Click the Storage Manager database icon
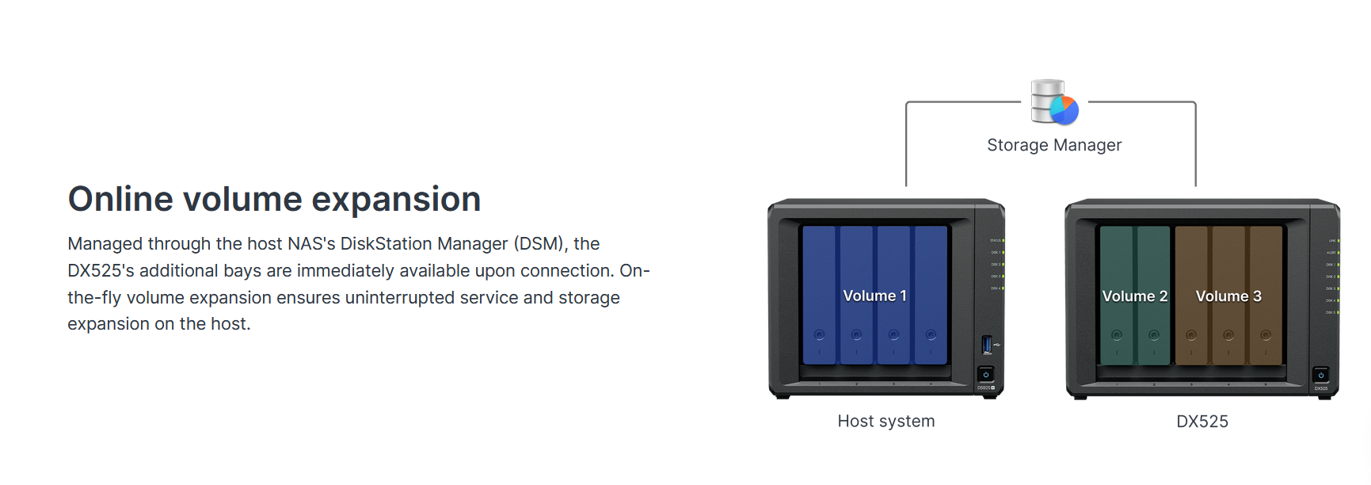click(x=1054, y=102)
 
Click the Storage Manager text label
click(x=1054, y=145)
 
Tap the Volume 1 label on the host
click(x=874, y=296)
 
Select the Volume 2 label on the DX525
click(x=1134, y=296)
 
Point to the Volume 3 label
click(x=1228, y=296)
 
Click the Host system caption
click(x=886, y=422)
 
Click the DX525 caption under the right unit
click(x=1202, y=422)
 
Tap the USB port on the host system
click(x=987, y=345)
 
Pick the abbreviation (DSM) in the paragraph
click(x=540, y=244)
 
